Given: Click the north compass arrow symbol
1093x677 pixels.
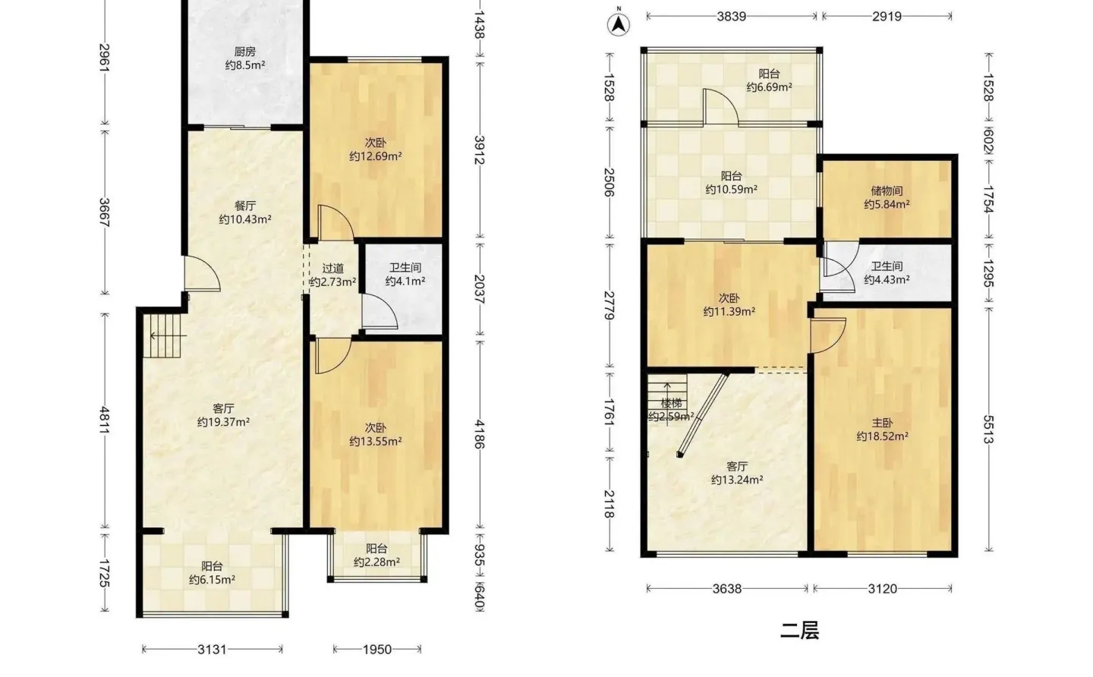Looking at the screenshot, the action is (618, 24).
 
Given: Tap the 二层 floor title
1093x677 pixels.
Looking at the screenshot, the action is (799, 630).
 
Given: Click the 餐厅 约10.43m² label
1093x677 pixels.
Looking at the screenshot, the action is (245, 213).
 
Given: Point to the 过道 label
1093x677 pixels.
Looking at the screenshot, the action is (332, 268).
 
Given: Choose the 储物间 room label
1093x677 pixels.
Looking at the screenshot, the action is (887, 191).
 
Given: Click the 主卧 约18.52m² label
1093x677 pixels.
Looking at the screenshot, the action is (882, 430).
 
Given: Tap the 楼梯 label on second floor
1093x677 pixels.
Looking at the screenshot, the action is (672, 403).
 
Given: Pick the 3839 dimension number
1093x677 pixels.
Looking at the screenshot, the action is (732, 17).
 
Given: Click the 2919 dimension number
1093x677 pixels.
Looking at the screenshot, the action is (887, 17).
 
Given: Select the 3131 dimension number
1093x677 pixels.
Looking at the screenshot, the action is (213, 649).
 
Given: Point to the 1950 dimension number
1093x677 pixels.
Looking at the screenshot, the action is (377, 649).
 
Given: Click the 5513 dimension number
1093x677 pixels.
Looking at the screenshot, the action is (988, 430).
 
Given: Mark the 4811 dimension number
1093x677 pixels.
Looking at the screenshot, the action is (105, 420).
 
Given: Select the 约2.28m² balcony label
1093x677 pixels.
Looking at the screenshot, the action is (376, 562).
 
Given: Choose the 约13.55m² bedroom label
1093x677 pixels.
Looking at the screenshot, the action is (375, 442).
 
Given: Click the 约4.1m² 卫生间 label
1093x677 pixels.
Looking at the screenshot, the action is (405, 281).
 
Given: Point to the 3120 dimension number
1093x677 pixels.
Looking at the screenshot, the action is (882, 589).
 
